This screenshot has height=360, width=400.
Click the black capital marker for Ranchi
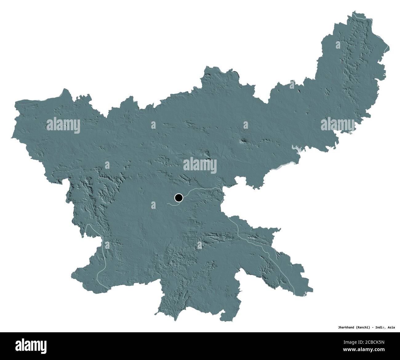178,198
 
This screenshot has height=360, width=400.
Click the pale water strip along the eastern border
285,166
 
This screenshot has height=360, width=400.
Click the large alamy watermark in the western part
63,125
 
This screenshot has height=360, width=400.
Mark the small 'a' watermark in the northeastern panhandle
338,46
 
